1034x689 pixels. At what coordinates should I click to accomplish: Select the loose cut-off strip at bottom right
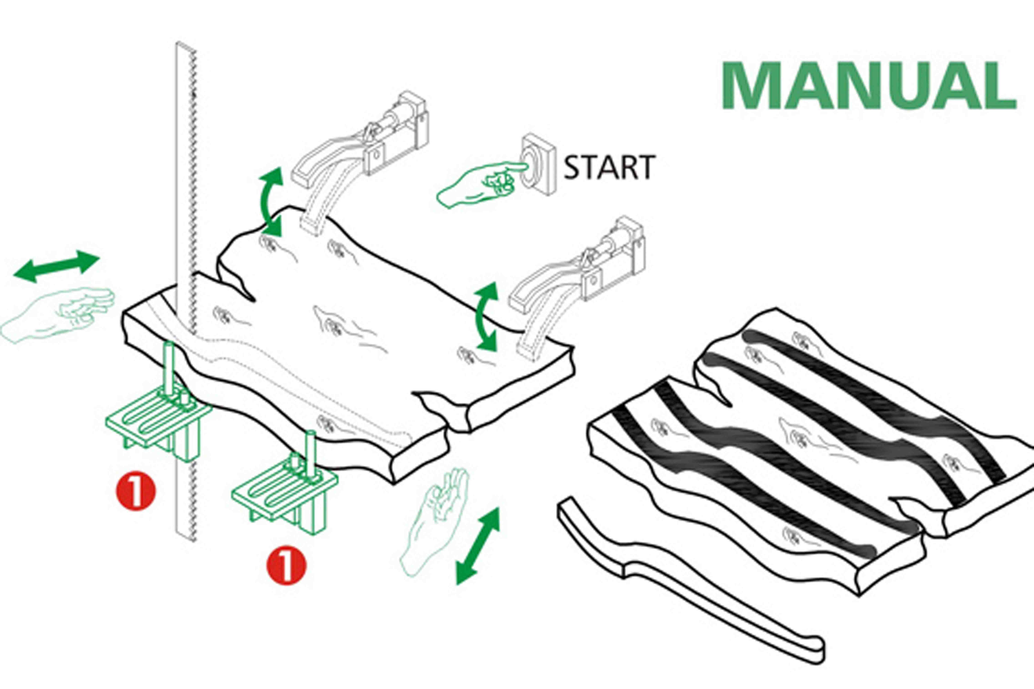(686, 580)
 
